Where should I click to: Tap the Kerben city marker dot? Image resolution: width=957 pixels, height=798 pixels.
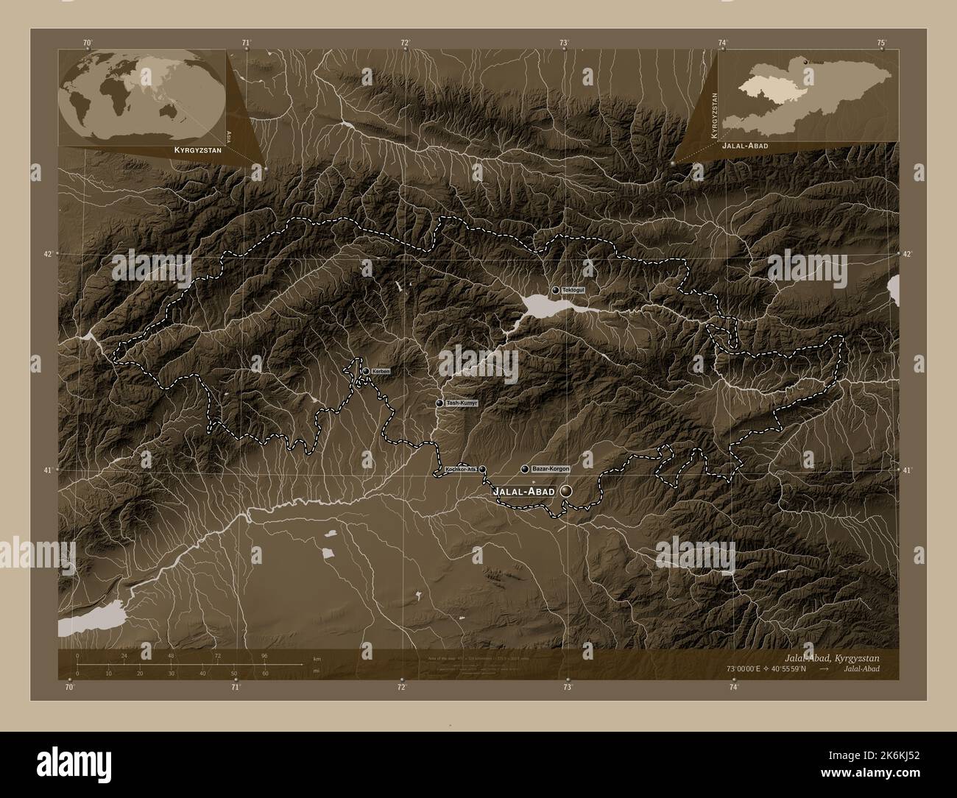[x=366, y=371]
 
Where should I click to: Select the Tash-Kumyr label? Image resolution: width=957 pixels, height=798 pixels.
[x=462, y=403]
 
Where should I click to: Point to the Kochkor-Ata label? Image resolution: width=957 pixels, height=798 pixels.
[x=460, y=469]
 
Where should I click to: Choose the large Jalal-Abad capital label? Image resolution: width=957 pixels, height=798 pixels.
[x=523, y=491]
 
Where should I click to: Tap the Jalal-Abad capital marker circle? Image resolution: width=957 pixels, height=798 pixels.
[x=566, y=490]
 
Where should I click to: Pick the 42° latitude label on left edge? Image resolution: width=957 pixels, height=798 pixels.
[x=48, y=254]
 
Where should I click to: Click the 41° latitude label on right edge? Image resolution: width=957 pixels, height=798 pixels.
[x=907, y=470]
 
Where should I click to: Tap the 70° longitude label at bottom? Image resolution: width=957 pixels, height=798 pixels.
[x=69, y=688]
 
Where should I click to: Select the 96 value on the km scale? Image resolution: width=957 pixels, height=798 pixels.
[x=264, y=655]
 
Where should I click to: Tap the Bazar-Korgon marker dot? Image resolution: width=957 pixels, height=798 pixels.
[x=524, y=469]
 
